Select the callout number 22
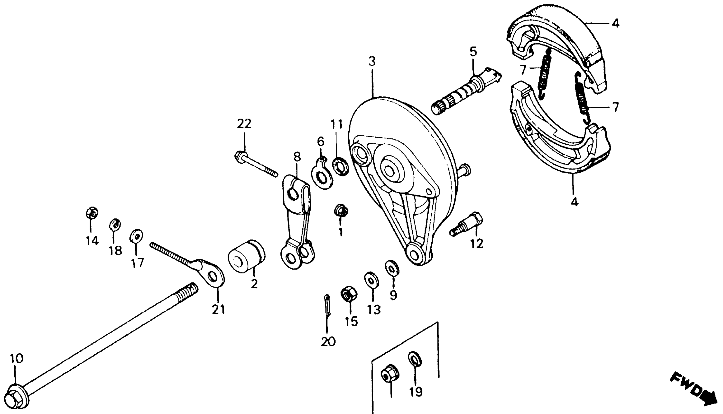[x=244, y=124]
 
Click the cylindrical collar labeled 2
[x=246, y=257]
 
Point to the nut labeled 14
[x=92, y=213]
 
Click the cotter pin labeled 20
[x=328, y=305]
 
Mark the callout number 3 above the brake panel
[x=372, y=61]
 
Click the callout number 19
[x=416, y=392]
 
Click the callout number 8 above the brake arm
[x=297, y=157]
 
